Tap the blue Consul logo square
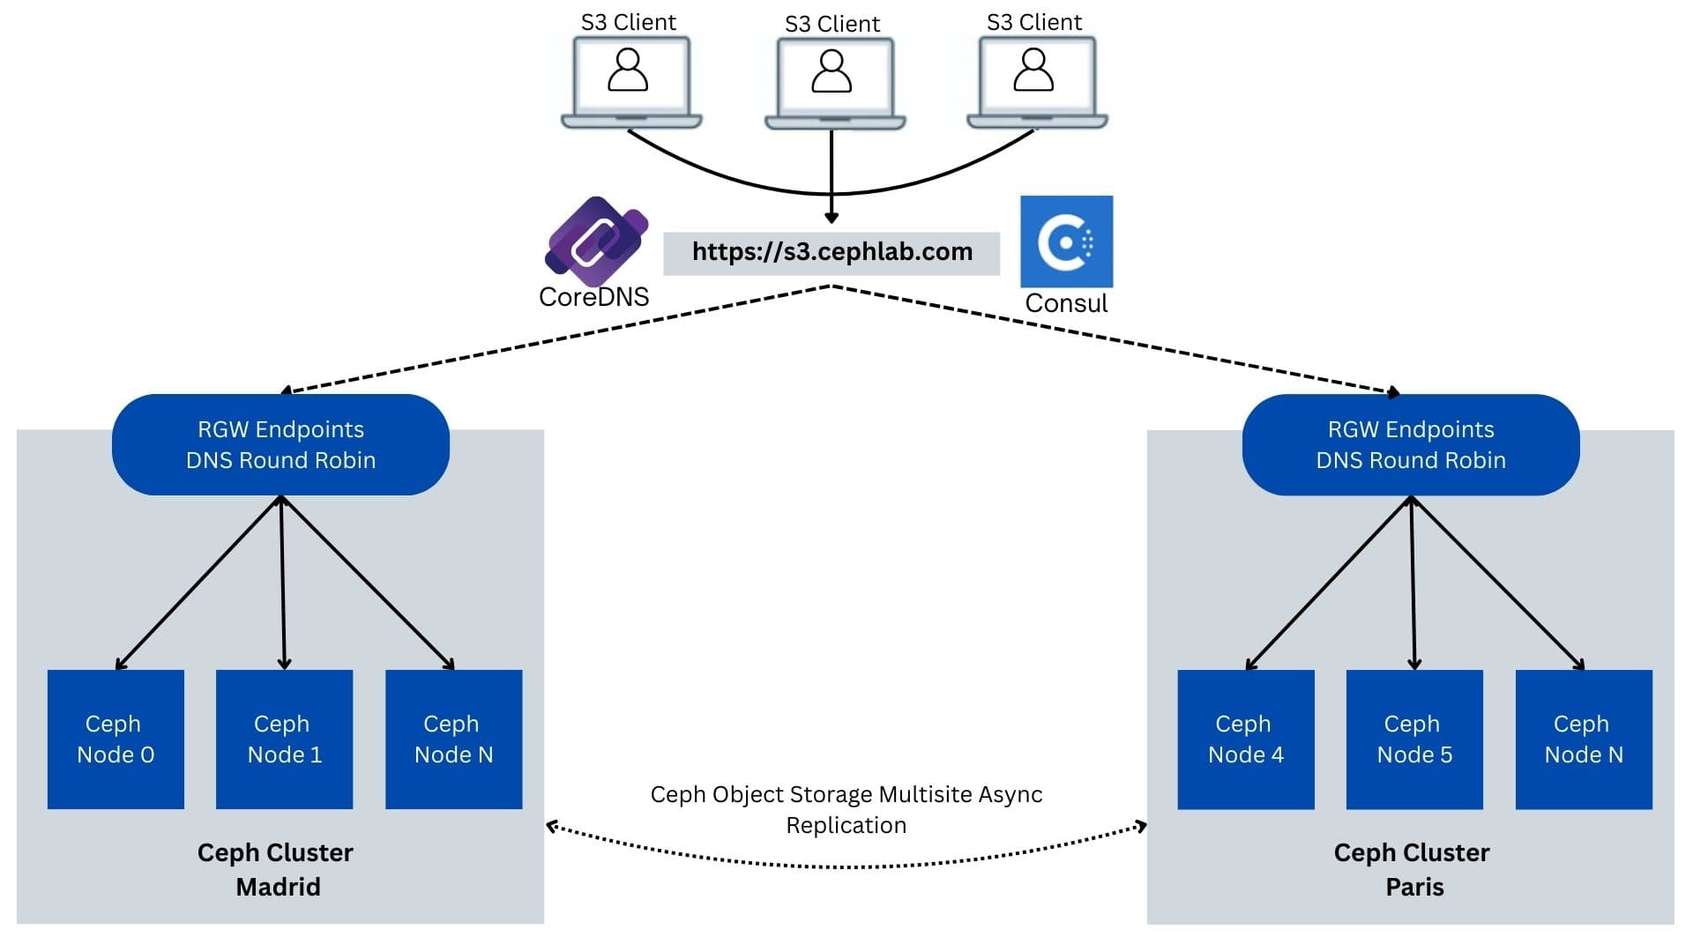[x=1066, y=242]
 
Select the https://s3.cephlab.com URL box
[x=832, y=253]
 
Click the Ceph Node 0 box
[x=116, y=739]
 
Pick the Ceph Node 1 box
[x=284, y=739]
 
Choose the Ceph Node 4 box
[x=1245, y=739]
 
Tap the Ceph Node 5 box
[x=1414, y=739]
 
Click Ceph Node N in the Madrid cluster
[x=453, y=739]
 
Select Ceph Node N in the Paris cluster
[x=1584, y=739]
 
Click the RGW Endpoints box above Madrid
[x=280, y=444]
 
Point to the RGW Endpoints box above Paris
[x=1411, y=444]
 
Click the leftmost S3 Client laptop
[x=631, y=81]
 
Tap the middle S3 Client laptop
[x=834, y=83]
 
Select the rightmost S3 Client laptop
[x=1037, y=81]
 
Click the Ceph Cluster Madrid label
[x=276, y=869]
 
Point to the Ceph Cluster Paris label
[x=1413, y=869]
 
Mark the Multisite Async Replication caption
[x=846, y=809]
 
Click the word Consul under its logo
[x=1066, y=303]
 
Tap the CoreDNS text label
[x=593, y=297]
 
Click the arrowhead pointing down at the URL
[x=832, y=218]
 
